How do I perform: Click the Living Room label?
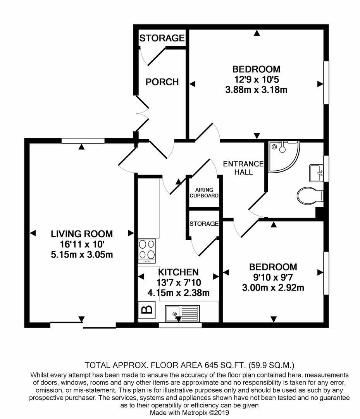(82, 234)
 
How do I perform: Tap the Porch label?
(162, 82)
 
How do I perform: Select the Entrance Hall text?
(243, 168)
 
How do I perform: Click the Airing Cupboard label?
(204, 193)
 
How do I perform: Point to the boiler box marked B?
(146, 310)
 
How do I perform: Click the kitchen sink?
(182, 313)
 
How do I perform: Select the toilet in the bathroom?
(310, 195)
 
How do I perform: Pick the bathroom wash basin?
(317, 173)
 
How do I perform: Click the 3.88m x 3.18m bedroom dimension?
(256, 90)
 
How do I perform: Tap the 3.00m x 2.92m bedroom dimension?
(273, 288)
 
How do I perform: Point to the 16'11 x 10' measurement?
(82, 244)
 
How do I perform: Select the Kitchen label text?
(178, 272)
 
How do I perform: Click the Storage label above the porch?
(162, 38)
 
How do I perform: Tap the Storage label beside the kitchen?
(204, 224)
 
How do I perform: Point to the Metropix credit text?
(189, 412)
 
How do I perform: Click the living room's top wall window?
(83, 141)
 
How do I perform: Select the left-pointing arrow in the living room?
(33, 233)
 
